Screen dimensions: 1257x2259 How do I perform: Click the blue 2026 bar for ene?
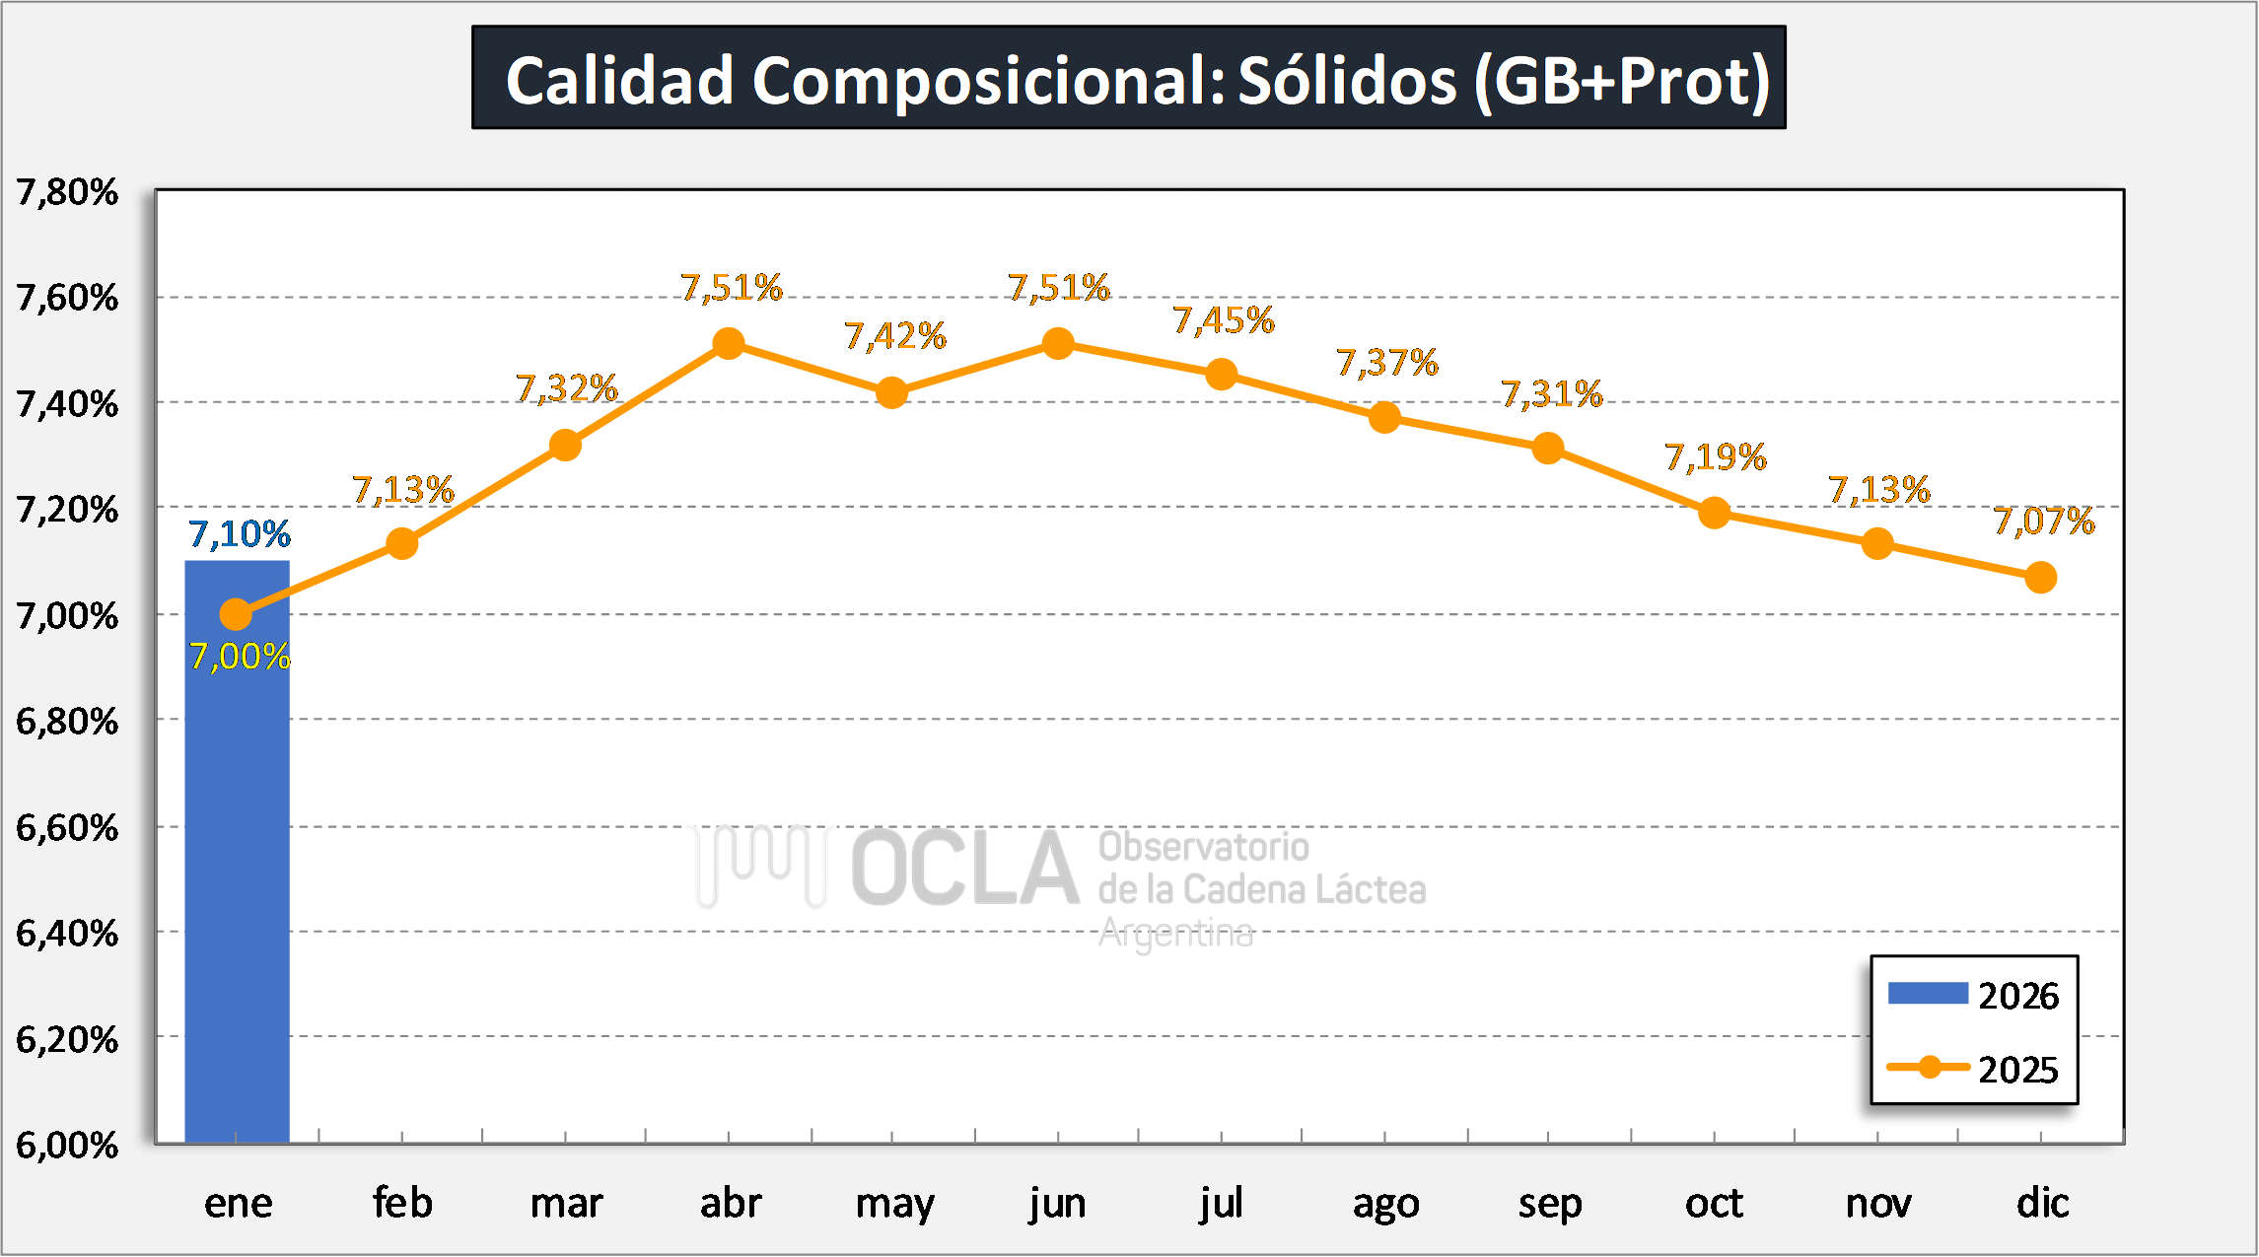237,868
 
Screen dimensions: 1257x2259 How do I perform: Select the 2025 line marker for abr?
729,344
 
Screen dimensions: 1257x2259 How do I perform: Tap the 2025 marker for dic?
2040,578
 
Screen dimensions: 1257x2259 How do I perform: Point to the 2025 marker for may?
891,393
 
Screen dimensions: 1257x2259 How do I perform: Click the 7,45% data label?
1224,320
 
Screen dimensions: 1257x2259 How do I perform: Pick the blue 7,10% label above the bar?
240,534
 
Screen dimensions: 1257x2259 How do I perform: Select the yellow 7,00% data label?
240,657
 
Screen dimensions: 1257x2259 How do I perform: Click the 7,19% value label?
1716,457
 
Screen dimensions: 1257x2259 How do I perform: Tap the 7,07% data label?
2044,522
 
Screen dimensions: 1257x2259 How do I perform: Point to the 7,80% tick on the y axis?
67,192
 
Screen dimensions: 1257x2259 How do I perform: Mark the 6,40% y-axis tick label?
67,933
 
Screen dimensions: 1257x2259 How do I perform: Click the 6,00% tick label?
67,1145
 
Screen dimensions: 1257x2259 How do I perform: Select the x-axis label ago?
1385,1204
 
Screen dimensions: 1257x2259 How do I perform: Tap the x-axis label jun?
1057,1204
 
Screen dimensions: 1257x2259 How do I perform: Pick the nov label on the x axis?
1877,1204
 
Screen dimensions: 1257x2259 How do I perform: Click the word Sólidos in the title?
1347,80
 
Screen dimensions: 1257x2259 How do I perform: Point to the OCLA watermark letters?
965,869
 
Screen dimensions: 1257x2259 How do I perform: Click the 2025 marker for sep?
1548,449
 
